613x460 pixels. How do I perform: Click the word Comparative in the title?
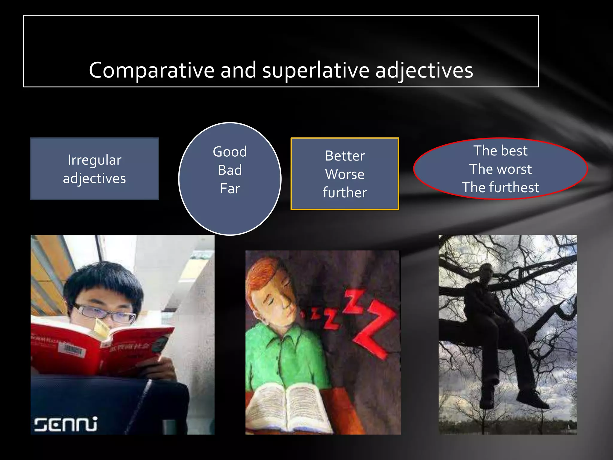click(x=151, y=71)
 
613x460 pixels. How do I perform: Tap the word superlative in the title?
click(x=315, y=71)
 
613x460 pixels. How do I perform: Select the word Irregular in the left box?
click(x=95, y=160)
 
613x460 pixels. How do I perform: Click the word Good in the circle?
click(x=230, y=152)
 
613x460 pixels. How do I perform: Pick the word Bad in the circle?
click(x=230, y=170)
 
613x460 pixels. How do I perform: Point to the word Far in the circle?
click(x=230, y=189)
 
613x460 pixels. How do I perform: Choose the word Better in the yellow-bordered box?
click(x=345, y=156)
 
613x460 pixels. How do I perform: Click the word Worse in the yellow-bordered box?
click(x=345, y=174)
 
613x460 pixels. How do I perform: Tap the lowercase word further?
click(x=345, y=193)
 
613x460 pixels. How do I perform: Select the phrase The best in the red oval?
click(x=500, y=151)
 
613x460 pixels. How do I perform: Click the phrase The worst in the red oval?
click(x=500, y=169)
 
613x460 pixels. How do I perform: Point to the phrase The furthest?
click(x=500, y=187)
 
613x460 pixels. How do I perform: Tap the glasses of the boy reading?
click(x=105, y=313)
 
